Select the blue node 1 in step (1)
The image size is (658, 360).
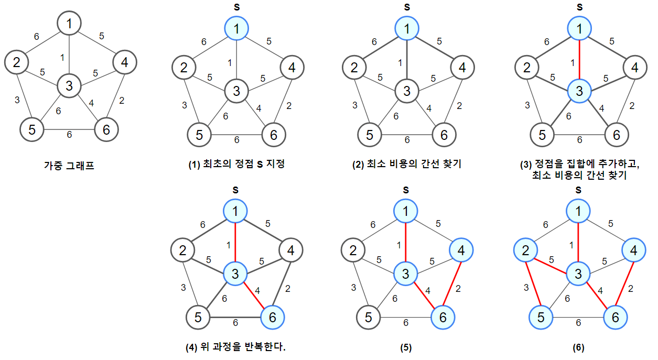click(x=238, y=29)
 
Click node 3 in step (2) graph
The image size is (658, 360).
click(x=407, y=91)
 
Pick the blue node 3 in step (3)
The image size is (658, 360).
click(x=579, y=91)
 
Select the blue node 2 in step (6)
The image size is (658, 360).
click(x=525, y=251)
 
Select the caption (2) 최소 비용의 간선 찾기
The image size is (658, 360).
click(x=407, y=164)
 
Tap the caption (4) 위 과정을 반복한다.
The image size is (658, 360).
click(x=237, y=347)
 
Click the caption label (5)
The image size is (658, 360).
click(x=407, y=347)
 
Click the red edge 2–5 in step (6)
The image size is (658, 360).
click(x=532, y=284)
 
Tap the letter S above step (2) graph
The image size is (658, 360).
click(x=407, y=7)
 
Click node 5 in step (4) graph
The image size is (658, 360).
click(x=199, y=317)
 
